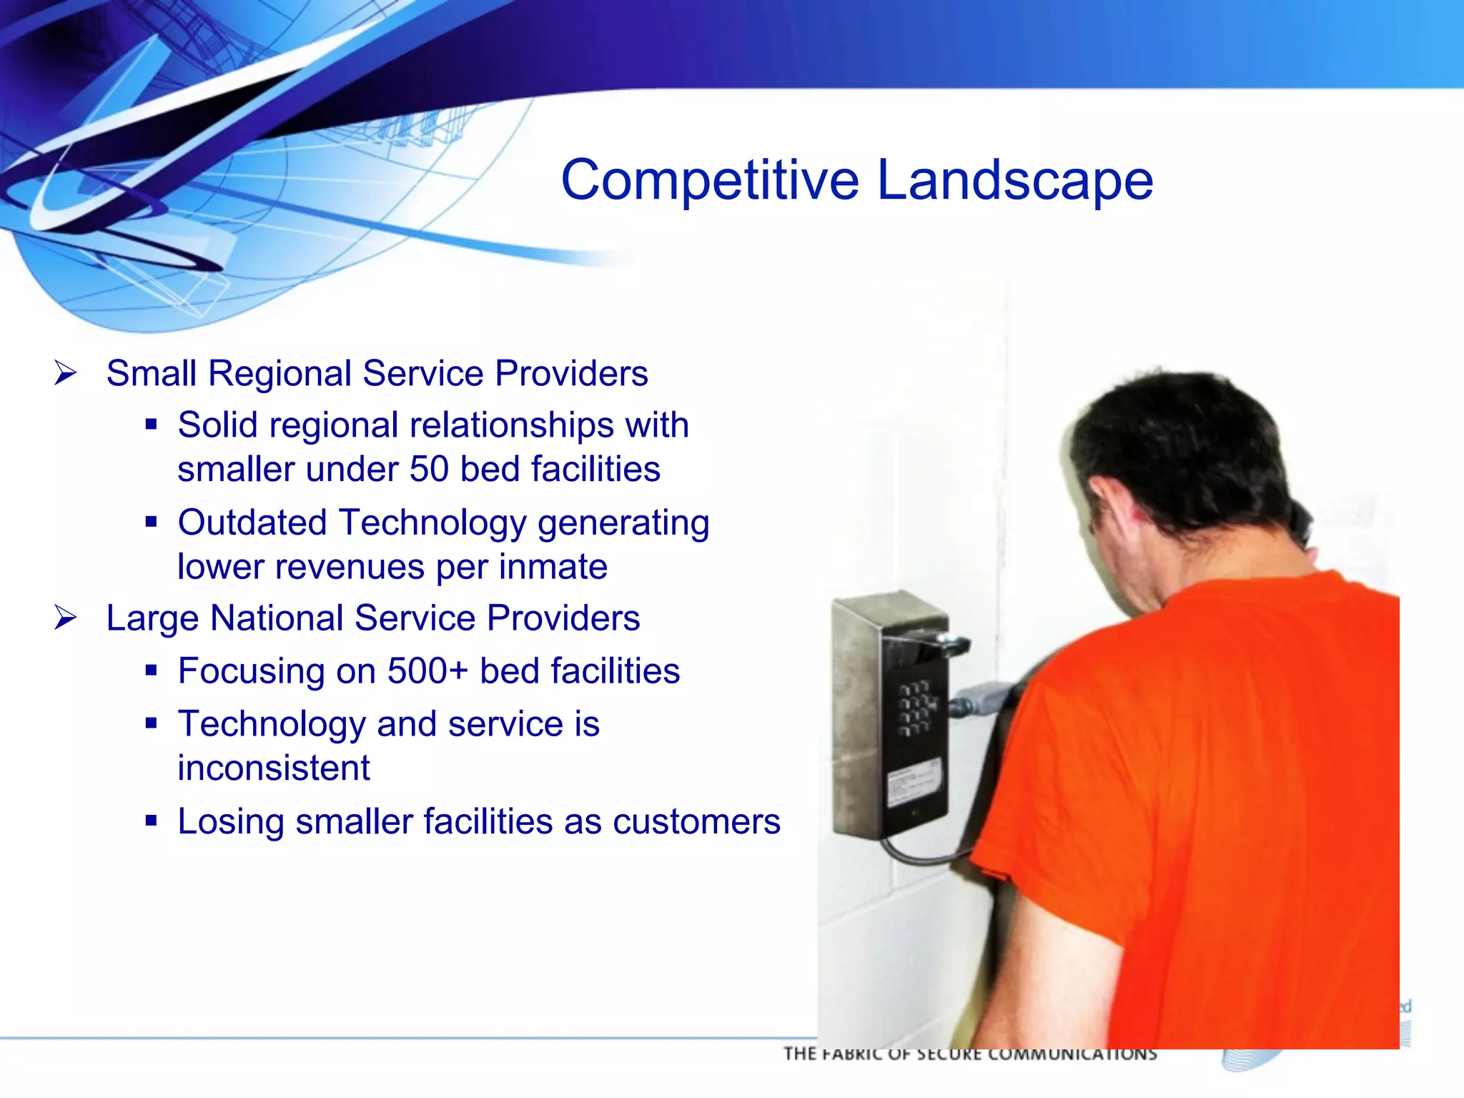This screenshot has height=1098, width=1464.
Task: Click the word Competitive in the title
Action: [709, 180]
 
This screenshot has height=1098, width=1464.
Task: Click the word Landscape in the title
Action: [1014, 180]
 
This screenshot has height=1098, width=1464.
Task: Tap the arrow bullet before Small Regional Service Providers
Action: [65, 372]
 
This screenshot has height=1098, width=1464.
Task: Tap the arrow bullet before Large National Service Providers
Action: [65, 617]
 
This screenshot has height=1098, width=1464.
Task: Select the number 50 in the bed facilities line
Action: [429, 470]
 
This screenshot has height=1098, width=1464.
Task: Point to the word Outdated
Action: [252, 523]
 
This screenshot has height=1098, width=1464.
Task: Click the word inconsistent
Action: [274, 768]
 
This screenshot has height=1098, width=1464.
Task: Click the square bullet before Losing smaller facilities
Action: [151, 821]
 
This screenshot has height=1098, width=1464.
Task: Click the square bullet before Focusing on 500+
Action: [151, 671]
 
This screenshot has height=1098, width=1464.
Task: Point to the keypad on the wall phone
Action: [917, 708]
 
